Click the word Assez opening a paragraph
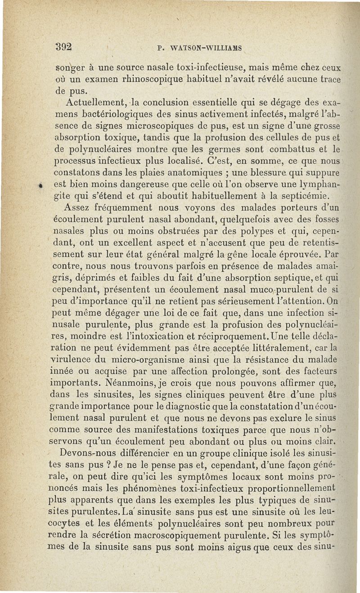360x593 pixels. point(78,208)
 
